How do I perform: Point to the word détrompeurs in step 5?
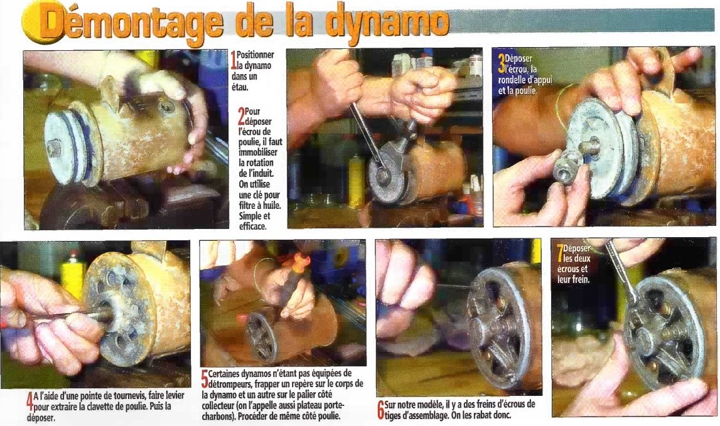pos(232,382)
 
